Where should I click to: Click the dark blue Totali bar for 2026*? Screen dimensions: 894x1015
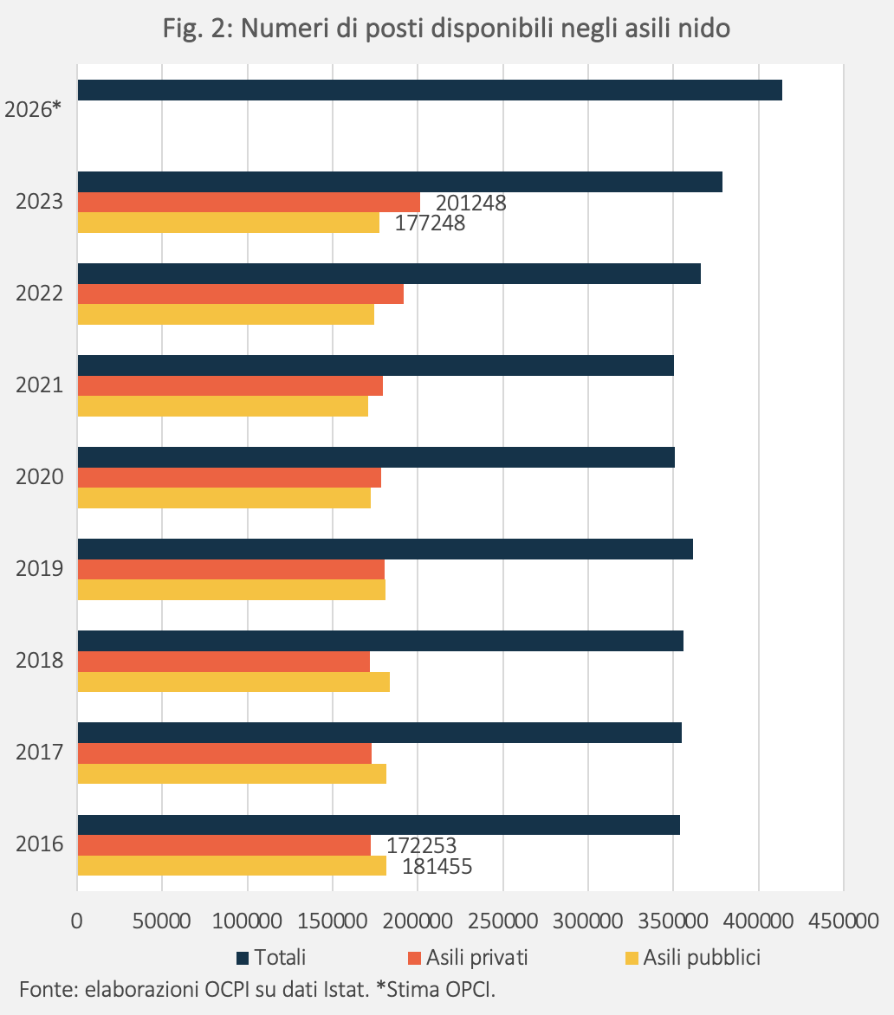click(430, 90)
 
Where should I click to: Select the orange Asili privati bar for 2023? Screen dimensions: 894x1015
click(249, 202)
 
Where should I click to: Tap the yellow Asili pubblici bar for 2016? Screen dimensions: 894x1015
click(232, 865)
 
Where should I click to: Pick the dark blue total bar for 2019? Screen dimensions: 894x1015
click(385, 549)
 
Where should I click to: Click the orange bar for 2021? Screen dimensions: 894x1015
click(230, 385)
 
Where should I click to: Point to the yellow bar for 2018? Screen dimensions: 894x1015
click(234, 682)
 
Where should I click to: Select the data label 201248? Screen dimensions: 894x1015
click(470, 204)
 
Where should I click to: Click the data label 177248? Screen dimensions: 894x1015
click(430, 223)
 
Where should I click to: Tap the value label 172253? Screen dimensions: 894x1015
click(421, 846)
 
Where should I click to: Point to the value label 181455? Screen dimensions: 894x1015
click(437, 867)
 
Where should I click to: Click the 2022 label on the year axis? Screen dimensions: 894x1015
click(40, 294)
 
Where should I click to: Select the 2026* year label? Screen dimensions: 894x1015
click(32, 109)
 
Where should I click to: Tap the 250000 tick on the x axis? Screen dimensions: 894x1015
click(502, 921)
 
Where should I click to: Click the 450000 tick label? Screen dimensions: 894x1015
click(843, 921)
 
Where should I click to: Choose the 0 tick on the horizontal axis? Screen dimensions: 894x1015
click(77, 921)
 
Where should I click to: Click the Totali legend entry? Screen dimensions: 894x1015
click(271, 957)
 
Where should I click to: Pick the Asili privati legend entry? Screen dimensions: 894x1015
click(468, 957)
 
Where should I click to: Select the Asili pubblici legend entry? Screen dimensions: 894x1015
click(693, 957)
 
